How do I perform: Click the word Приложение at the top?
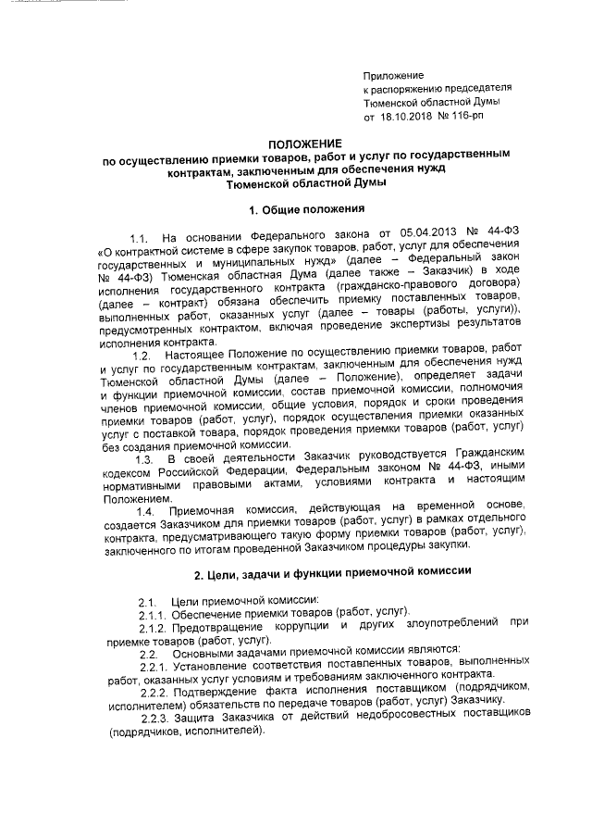pos(393,74)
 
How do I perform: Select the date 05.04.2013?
pos(423,244)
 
